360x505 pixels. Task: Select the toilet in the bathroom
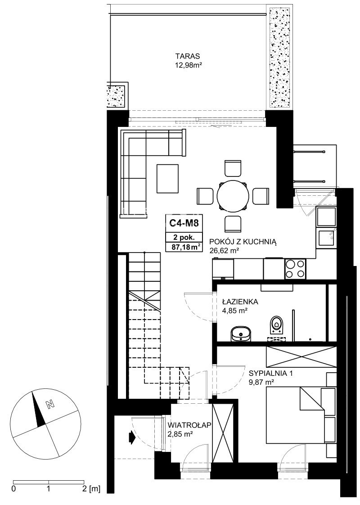277,323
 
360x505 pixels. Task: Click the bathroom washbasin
241,333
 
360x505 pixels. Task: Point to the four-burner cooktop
295,269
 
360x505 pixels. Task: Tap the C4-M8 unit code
184,222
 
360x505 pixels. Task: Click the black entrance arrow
131,437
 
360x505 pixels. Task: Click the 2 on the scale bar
84,489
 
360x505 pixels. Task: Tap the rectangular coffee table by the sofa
168,179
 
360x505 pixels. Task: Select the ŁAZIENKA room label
240,302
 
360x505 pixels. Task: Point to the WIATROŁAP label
189,425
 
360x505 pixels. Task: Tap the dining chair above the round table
233,168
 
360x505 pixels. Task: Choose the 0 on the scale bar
13,489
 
